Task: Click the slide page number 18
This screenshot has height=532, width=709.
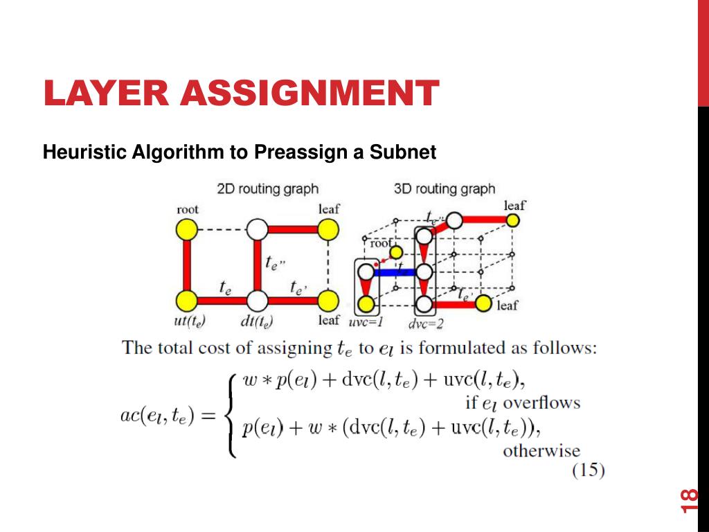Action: (x=690, y=501)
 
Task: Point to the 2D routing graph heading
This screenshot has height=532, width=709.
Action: (x=267, y=188)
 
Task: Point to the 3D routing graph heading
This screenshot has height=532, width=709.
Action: (x=444, y=188)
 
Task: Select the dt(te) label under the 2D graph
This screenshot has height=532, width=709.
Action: (x=256, y=321)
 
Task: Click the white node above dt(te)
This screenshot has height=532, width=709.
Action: (x=257, y=301)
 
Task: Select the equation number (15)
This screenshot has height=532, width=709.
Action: (x=589, y=471)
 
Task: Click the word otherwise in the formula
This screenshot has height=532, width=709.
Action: (x=541, y=451)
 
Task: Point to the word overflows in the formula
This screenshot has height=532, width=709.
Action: (x=541, y=402)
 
